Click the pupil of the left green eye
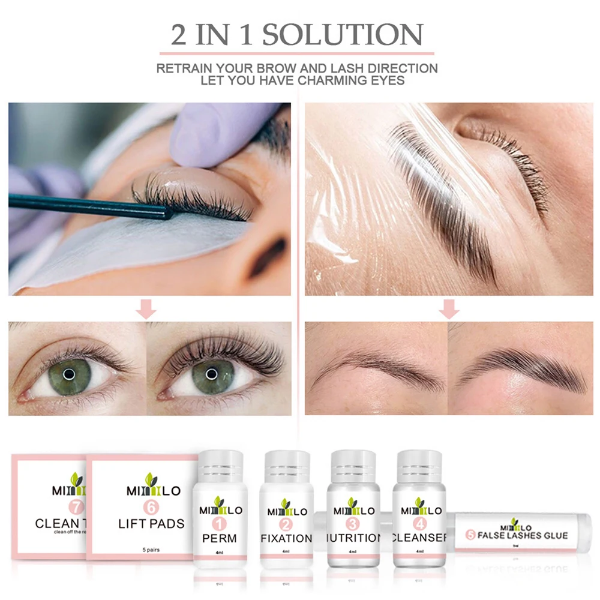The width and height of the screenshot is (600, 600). tap(69, 374)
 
